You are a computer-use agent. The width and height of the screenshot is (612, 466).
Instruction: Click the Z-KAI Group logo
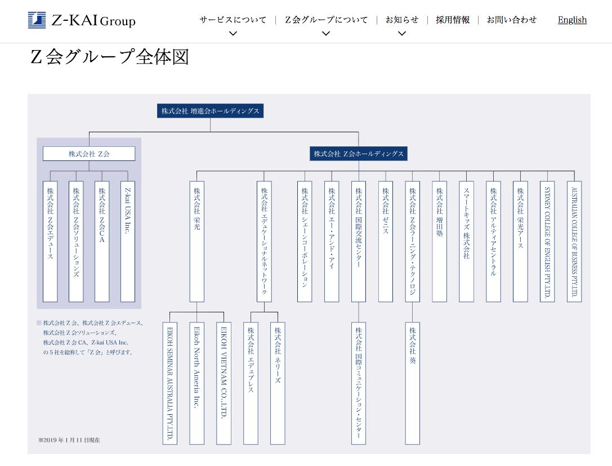coord(82,20)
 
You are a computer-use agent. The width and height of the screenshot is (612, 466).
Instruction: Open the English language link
coord(572,20)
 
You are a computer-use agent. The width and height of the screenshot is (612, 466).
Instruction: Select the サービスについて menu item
coord(233,20)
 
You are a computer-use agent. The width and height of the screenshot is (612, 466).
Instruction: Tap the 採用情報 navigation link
coord(453,20)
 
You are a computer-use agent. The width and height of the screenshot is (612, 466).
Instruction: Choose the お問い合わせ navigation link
coord(512,20)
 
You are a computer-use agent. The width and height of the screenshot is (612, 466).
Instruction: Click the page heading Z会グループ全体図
coord(109,57)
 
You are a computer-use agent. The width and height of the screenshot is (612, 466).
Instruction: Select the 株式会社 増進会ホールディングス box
coord(210,111)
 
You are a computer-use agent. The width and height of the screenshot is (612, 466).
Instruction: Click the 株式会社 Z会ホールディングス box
coord(358,154)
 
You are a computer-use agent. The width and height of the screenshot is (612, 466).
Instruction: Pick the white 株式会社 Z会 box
coord(89,154)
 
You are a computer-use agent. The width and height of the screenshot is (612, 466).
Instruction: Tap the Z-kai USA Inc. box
coord(128,241)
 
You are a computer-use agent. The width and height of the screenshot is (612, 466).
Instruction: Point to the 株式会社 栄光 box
coord(197,241)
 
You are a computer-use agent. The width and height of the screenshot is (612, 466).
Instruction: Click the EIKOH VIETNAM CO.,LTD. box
coord(224,383)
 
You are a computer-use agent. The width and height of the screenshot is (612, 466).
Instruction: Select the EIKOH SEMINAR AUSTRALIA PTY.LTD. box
coord(170,383)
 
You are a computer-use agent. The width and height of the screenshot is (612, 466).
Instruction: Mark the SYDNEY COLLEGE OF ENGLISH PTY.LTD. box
coord(547,241)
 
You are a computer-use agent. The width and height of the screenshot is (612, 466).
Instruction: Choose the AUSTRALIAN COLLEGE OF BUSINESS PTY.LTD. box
coord(574,241)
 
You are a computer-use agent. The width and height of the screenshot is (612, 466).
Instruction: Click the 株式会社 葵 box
coord(413,383)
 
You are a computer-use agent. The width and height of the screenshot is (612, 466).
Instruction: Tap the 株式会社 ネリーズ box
coord(278,383)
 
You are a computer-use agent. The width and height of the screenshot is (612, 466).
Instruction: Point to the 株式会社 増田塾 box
coord(440,241)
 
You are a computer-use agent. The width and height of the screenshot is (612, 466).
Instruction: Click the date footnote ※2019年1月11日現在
coord(69,440)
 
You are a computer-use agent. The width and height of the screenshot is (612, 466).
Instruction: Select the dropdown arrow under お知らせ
coord(401,34)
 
